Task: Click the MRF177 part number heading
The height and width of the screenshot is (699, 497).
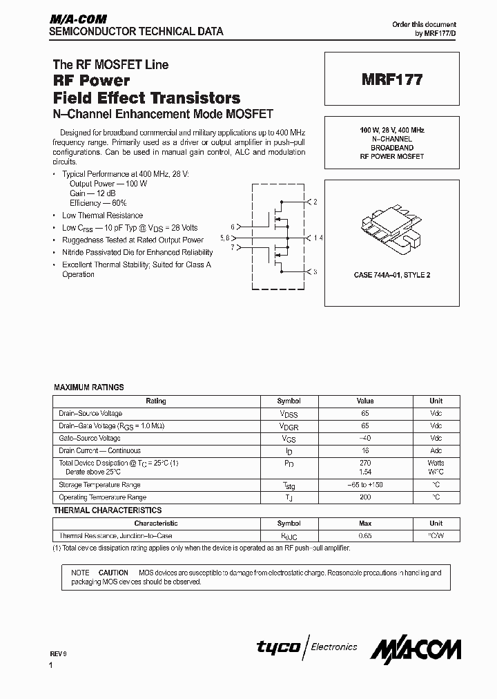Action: tap(393, 79)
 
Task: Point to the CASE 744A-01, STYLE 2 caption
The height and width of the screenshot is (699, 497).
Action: tap(392, 275)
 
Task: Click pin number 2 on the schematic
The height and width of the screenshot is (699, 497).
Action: tap(315, 202)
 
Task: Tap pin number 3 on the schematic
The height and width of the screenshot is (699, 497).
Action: tap(315, 272)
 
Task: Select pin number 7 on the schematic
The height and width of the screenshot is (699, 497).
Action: tap(233, 247)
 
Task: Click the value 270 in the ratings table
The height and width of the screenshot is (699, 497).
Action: tap(365, 463)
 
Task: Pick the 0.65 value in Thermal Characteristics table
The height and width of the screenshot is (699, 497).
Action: tap(365, 535)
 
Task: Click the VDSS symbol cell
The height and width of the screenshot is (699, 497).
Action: tap(289, 414)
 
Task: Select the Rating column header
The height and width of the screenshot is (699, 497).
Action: tap(156, 401)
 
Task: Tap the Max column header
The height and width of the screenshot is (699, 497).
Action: tap(365, 524)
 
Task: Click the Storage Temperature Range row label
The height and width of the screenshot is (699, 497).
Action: tap(99, 485)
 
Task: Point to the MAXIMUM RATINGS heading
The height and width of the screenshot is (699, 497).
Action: tap(89, 387)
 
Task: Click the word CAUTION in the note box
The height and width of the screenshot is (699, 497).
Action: tap(113, 573)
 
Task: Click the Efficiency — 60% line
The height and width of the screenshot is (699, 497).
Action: tap(98, 204)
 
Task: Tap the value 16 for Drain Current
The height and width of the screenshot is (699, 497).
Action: tap(365, 450)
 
